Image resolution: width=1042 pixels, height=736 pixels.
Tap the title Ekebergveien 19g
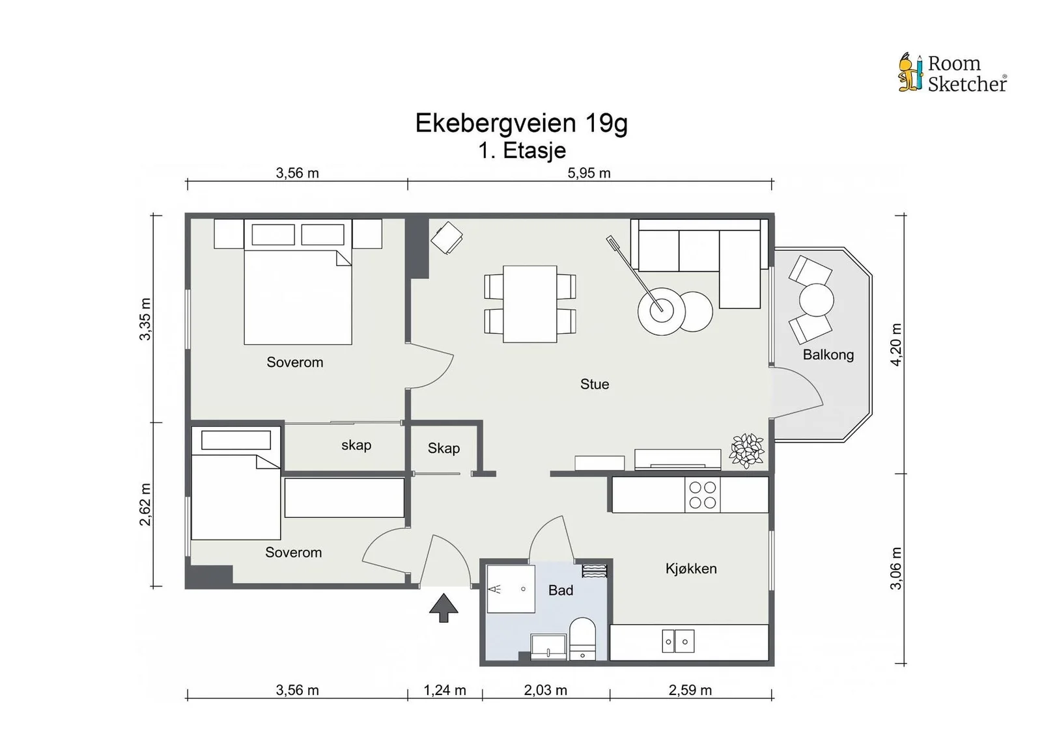[521, 123]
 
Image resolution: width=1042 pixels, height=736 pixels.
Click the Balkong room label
[828, 355]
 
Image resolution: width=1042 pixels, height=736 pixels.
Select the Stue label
[595, 384]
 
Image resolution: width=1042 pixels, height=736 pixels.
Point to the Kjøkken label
[691, 569]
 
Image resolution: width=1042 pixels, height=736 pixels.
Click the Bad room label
[561, 590]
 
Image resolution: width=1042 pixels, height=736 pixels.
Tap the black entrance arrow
[444, 607]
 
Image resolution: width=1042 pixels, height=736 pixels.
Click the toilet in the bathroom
[582, 638]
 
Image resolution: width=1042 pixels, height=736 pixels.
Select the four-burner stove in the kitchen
[703, 495]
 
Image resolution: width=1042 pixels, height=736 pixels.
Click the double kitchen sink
[678, 641]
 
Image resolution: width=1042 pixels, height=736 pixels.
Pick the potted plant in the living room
[746, 450]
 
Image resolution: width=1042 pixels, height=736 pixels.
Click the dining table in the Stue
[530, 304]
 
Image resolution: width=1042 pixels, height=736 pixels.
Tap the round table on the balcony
[816, 300]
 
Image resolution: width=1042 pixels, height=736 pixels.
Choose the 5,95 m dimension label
[589, 173]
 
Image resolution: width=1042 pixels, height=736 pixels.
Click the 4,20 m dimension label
[896, 344]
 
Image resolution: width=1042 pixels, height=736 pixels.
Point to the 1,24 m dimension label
[445, 690]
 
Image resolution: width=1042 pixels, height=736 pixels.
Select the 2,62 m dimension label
[146, 504]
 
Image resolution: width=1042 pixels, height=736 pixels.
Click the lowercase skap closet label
[356, 445]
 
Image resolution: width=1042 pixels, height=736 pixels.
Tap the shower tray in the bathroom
[511, 589]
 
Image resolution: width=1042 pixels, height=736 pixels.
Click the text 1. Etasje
[522, 150]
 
